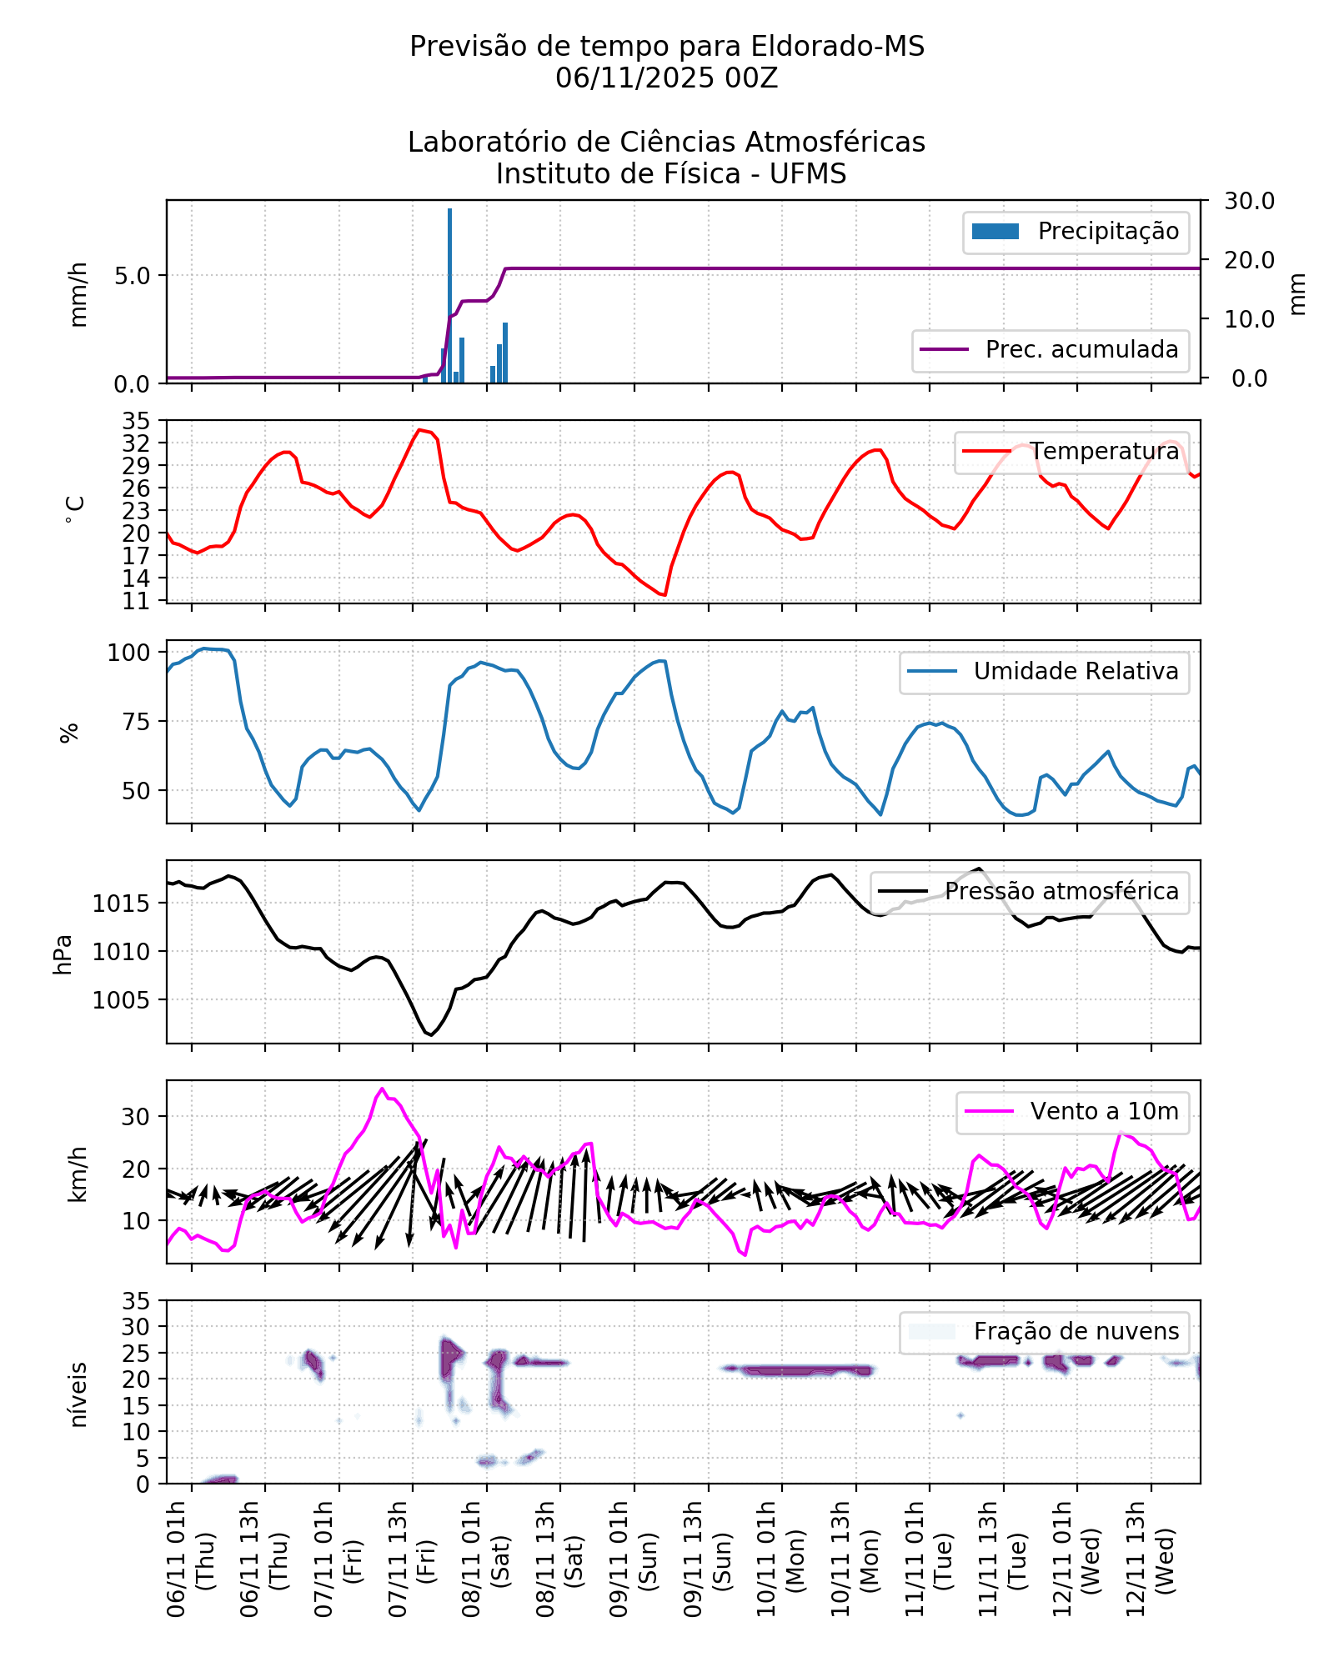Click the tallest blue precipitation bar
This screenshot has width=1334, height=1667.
449,296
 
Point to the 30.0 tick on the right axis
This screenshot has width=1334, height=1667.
1248,201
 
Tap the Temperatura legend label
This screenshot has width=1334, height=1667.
1104,452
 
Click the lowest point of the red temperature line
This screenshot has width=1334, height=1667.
664,595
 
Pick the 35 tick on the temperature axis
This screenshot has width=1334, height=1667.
136,420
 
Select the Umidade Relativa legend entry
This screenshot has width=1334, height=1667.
1076,672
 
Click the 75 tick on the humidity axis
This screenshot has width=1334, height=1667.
136,722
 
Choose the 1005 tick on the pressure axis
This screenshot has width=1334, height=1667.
121,1000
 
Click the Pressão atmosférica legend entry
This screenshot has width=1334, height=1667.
1061,892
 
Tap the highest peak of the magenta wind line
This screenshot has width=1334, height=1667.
383,1089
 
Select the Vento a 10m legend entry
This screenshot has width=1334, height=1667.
1104,1112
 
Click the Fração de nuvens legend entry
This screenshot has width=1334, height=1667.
1076,1332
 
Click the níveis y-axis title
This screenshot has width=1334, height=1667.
78,1395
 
